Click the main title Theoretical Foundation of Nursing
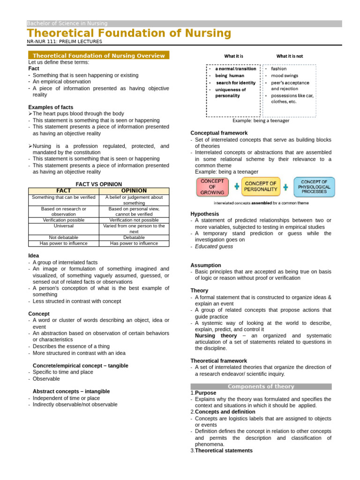[129, 33]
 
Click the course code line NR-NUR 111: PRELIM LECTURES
[64, 42]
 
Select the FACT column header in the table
[63, 191]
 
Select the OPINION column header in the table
[134, 191]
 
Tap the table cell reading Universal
[63, 226]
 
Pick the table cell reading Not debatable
[63, 237]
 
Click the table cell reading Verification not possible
[134, 220]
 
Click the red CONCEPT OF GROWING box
[212, 187]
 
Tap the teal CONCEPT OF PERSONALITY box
[261, 187]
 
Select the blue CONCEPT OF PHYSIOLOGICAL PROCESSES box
[314, 186]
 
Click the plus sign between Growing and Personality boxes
[236, 187]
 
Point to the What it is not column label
[289, 56]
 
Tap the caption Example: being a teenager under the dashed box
[261, 120]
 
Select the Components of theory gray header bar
[261, 387]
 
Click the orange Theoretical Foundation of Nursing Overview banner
[99, 56]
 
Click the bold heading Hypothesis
[204, 214]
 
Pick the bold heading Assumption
[205, 265]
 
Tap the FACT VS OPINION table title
[98, 184]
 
